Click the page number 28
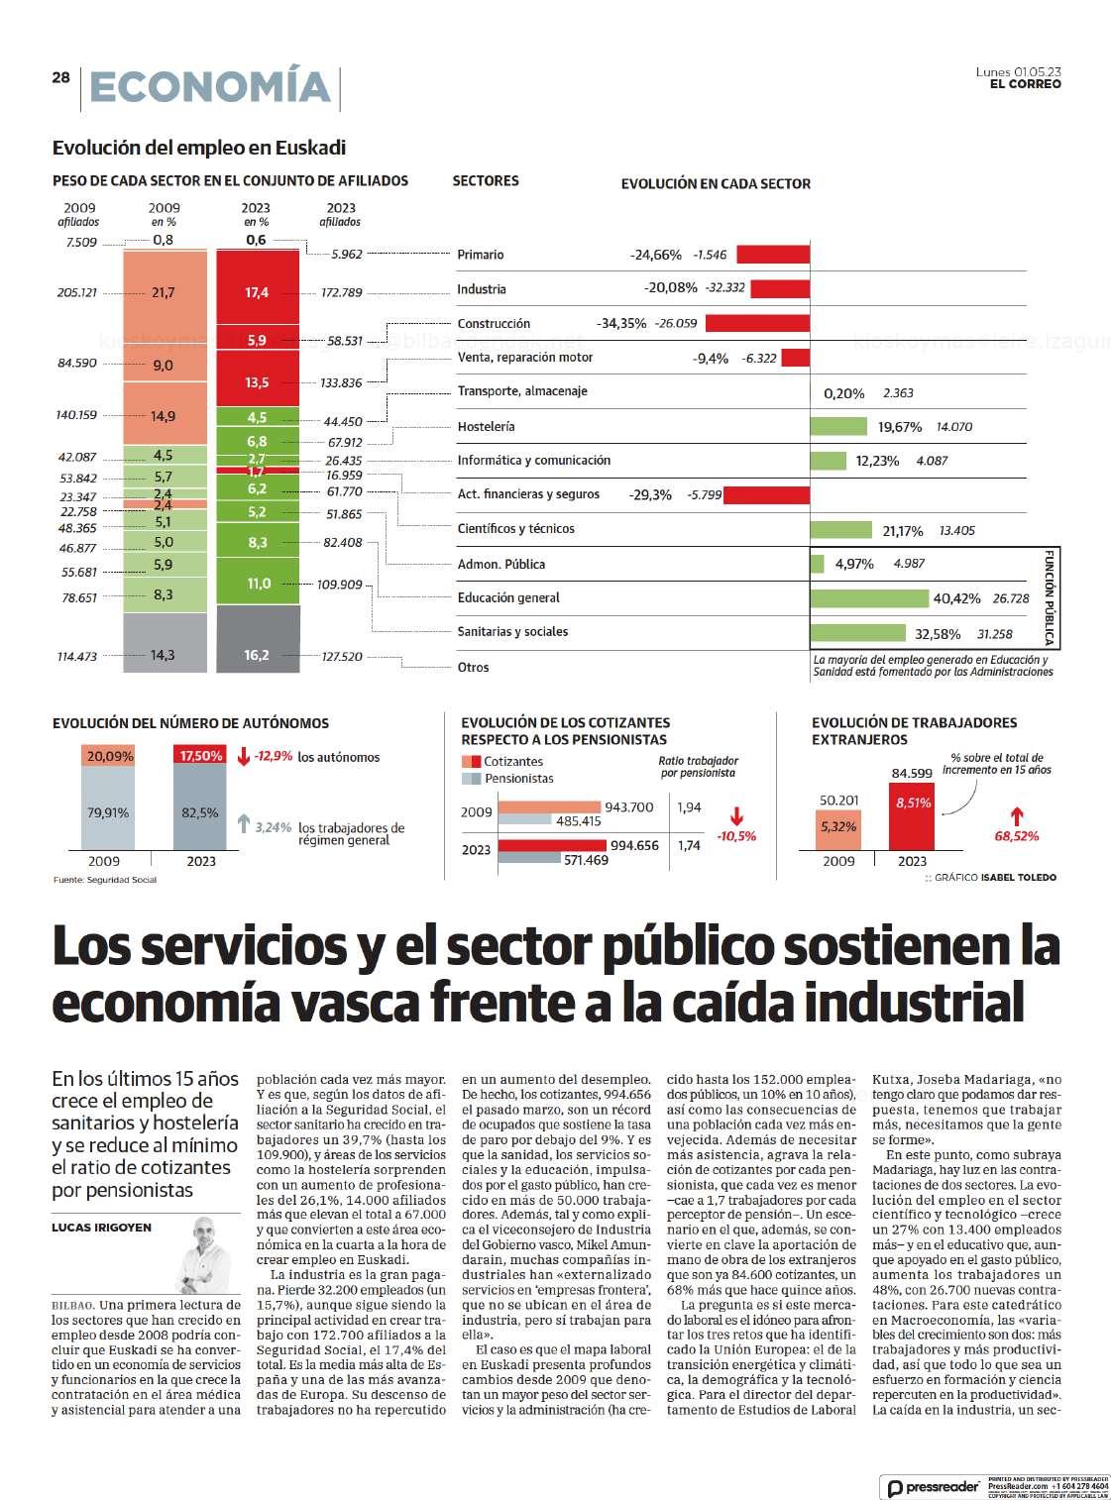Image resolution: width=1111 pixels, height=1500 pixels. pos(60,77)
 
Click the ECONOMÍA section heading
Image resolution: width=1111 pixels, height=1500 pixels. pos(209,87)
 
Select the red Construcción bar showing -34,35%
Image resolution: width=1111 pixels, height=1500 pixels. pos(757,323)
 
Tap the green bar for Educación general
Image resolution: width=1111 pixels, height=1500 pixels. pos(868,597)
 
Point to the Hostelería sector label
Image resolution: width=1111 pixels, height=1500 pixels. pos(486,426)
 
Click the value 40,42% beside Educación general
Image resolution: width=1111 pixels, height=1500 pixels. pos(956,598)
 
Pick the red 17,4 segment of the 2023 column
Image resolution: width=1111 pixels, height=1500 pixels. pos(257,292)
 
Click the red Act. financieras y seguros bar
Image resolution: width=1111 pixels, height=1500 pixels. pos(769,493)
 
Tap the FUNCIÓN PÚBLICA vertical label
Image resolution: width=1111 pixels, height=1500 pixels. pos(1050,597)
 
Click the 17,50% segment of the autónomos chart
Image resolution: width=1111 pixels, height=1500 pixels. pos(201,755)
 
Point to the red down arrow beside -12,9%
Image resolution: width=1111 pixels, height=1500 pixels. pos(244,757)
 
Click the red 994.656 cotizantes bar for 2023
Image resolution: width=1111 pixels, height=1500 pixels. pos(551,845)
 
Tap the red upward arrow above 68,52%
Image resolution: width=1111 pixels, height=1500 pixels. pos(1016,816)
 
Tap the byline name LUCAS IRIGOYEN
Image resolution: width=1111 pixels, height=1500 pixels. pos(102,1228)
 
